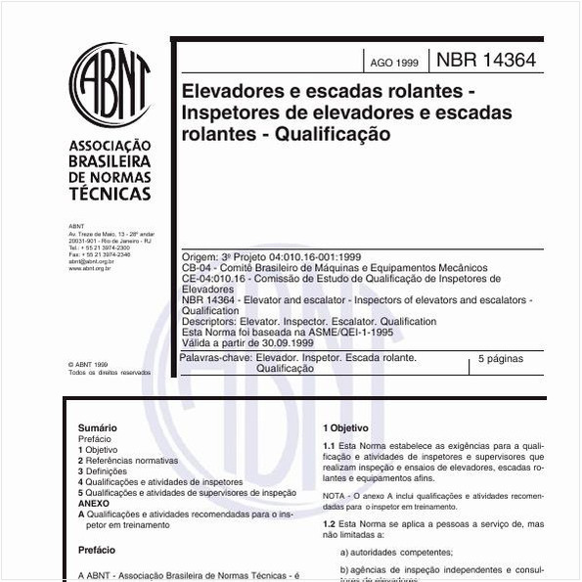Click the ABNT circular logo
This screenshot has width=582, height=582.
tap(110, 87)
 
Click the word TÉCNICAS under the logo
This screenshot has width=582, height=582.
tap(111, 193)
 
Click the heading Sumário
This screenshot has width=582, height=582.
tap(98, 427)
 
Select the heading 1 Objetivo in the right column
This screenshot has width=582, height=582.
tap(346, 427)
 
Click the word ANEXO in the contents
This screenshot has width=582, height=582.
tap(95, 504)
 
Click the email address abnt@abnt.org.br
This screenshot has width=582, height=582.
tap(92, 261)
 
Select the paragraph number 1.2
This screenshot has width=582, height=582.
tap(330, 524)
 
